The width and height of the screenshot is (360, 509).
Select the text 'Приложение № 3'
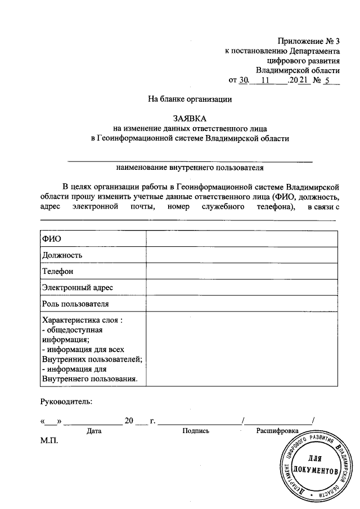(x=309, y=40)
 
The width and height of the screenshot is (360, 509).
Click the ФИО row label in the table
(x=52, y=238)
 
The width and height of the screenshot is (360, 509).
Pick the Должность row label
(x=62, y=255)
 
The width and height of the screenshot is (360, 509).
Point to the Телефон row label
(x=58, y=271)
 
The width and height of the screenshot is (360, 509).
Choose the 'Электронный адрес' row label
(x=77, y=287)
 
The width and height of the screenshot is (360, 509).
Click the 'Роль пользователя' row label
(x=75, y=304)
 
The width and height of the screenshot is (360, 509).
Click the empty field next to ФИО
(x=242, y=238)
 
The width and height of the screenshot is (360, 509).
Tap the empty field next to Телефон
(x=242, y=271)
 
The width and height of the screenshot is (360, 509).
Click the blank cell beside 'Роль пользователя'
(x=242, y=304)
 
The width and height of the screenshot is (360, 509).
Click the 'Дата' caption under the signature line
(x=94, y=431)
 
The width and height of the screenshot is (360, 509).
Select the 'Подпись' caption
(x=196, y=431)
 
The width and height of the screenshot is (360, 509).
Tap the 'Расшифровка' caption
(x=277, y=431)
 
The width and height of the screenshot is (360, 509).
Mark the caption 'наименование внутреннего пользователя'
(x=190, y=167)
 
